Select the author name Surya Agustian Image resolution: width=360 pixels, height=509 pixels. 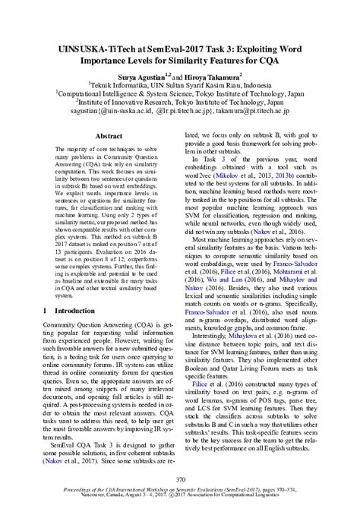pos(140,77)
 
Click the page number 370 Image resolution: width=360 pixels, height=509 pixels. pos(179,481)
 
